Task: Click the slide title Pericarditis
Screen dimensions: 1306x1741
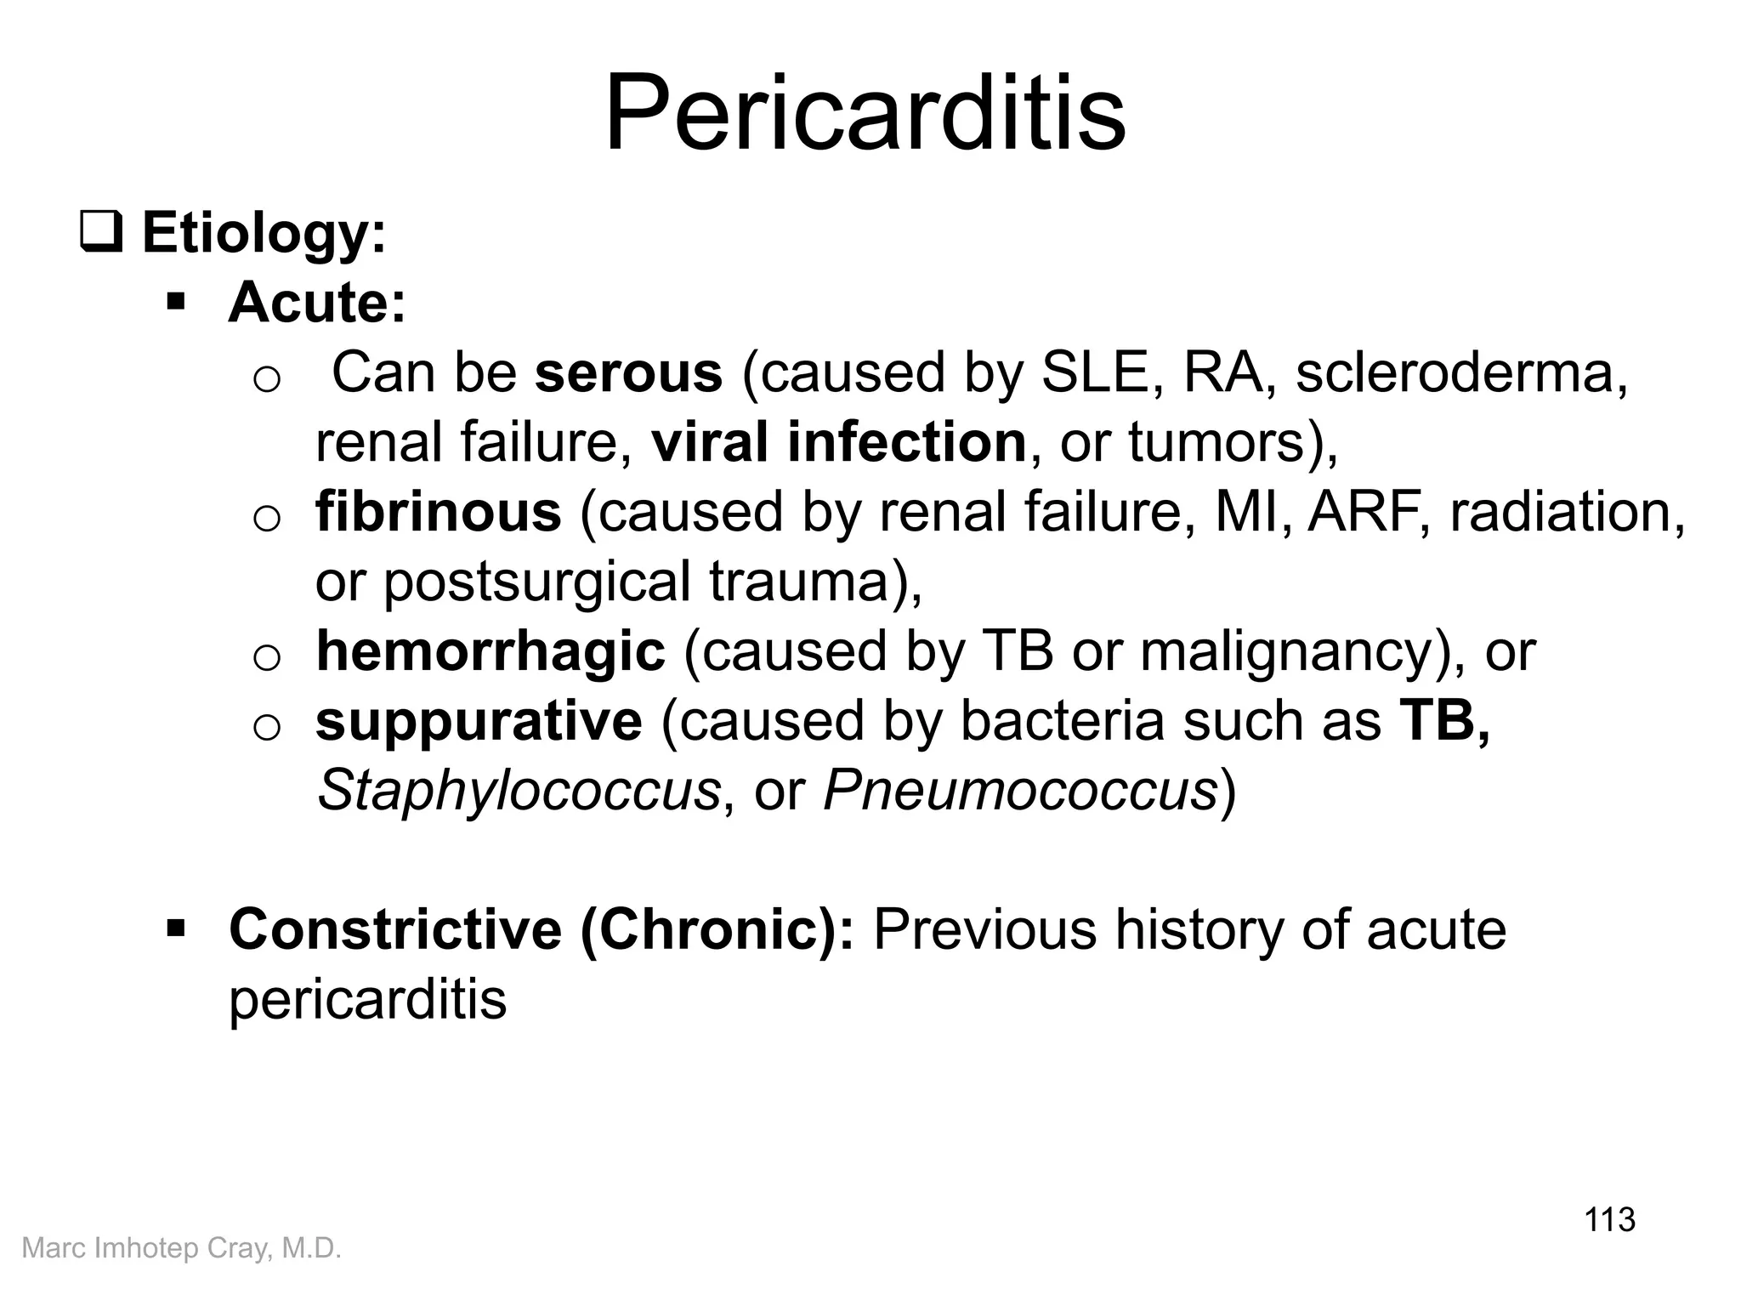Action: pyautogui.click(x=865, y=114)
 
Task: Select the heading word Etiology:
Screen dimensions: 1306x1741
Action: pyautogui.click(x=264, y=232)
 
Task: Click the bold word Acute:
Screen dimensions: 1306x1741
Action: pyautogui.click(x=317, y=302)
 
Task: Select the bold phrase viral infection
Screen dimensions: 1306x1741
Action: pyautogui.click(x=839, y=442)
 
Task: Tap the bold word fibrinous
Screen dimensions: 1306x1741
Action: pyautogui.click(x=438, y=512)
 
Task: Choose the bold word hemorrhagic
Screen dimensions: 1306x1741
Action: pyautogui.click(x=491, y=651)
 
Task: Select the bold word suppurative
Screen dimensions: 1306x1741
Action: pyautogui.click(x=479, y=721)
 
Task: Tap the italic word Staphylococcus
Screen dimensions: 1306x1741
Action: pyautogui.click(x=519, y=791)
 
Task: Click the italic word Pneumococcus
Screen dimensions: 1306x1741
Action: pyautogui.click(x=1020, y=791)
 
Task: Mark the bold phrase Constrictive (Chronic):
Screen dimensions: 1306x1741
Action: pyautogui.click(x=542, y=929)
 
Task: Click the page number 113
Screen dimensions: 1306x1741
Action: pyautogui.click(x=1609, y=1219)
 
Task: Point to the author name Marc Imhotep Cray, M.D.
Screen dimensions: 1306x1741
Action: pyautogui.click(x=181, y=1248)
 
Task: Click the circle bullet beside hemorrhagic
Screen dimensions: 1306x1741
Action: pyautogui.click(x=267, y=657)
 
